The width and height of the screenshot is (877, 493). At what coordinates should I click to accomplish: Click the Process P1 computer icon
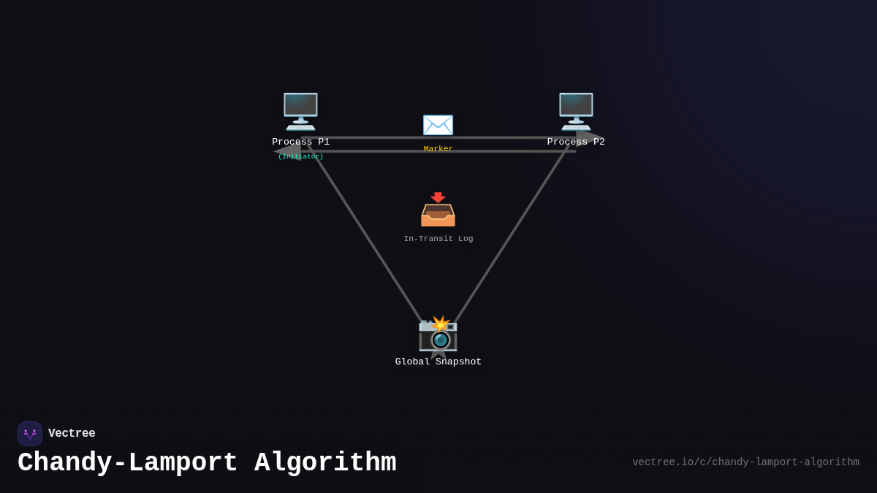pos(300,111)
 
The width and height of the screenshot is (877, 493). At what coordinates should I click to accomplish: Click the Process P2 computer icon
pos(576,111)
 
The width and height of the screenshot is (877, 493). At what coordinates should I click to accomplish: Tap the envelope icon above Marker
pos(438,125)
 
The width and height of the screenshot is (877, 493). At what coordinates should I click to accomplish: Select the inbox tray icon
pos(438,214)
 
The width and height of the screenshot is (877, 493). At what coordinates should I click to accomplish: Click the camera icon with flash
pos(438,334)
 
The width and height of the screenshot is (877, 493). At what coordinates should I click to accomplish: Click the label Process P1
pos(300,142)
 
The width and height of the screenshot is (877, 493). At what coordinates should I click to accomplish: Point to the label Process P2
pos(576,142)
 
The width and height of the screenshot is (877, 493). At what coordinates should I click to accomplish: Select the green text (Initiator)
pos(300,156)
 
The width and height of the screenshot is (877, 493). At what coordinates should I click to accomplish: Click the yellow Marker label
pos(438,149)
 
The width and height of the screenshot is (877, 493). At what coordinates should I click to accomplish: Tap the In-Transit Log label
pos(438,239)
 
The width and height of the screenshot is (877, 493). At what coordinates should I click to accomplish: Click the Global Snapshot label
pos(438,362)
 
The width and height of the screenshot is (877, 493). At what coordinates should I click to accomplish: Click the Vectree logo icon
pos(30,434)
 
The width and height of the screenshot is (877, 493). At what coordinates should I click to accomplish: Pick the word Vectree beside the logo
pos(72,434)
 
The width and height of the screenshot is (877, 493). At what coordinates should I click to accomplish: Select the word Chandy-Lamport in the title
pos(128,463)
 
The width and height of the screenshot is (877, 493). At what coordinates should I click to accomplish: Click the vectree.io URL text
pos(745,462)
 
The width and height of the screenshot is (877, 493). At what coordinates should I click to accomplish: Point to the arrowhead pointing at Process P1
pos(287,150)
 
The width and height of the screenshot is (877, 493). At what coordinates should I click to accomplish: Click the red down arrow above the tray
pos(438,197)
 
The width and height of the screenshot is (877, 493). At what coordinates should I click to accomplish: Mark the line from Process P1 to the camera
pos(365,234)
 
